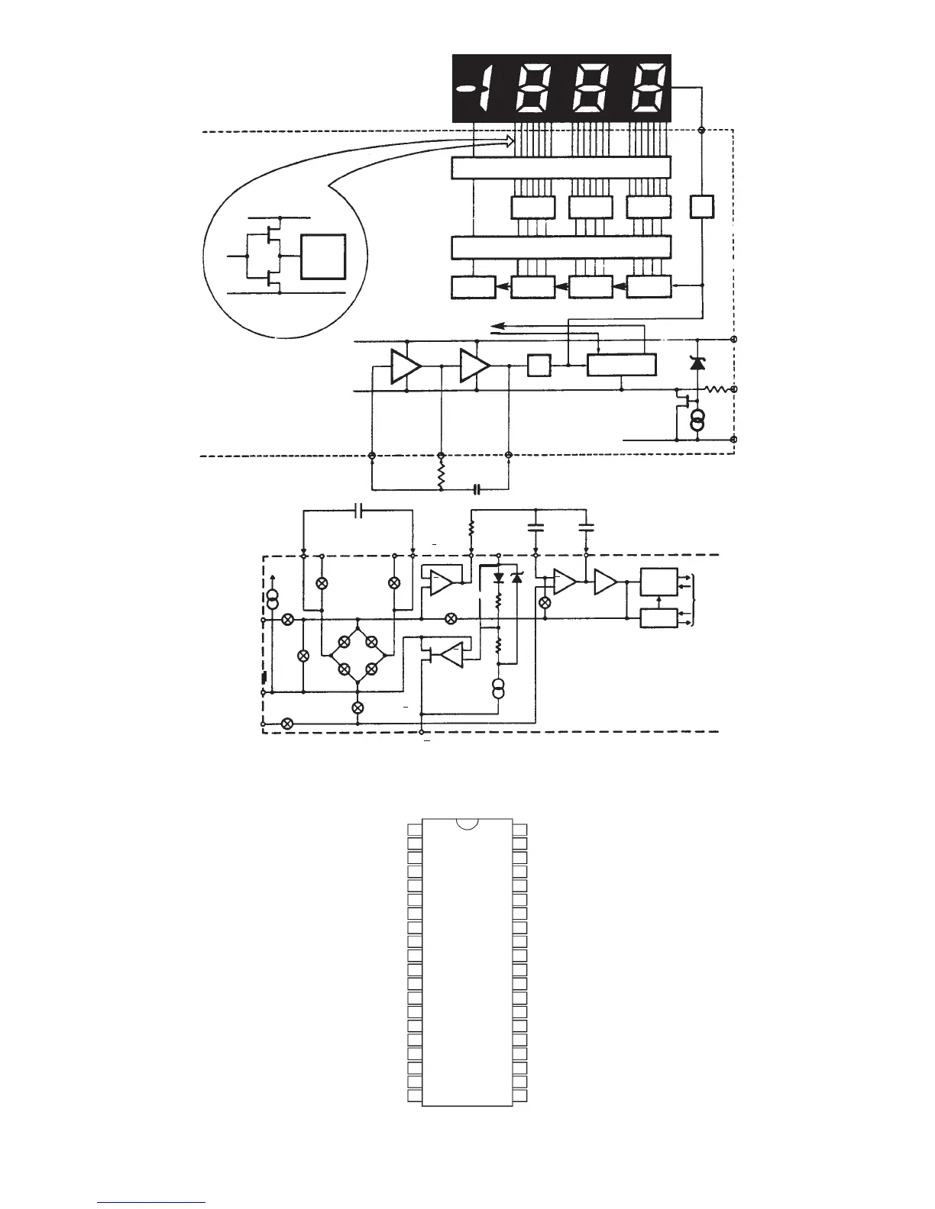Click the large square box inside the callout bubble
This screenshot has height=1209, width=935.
pyautogui.click(x=324, y=257)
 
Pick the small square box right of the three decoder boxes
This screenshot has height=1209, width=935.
pyautogui.click(x=701, y=207)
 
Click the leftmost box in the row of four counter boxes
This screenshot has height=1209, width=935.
pyautogui.click(x=474, y=287)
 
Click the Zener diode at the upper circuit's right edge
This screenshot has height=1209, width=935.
pyautogui.click(x=697, y=363)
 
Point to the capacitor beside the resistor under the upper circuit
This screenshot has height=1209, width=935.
pyautogui.click(x=477, y=488)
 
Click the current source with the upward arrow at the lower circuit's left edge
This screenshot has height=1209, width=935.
pyautogui.click(x=271, y=599)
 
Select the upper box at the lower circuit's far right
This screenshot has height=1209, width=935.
pyautogui.click(x=658, y=582)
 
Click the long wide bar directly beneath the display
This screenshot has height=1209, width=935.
pyautogui.click(x=561, y=167)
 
